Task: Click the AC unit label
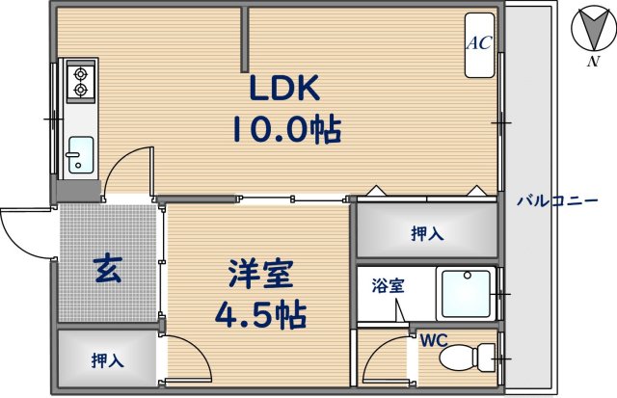(479, 43)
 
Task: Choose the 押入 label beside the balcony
(427, 232)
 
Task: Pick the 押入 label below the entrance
(106, 360)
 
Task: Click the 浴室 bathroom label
(389, 285)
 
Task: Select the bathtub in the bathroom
(466, 294)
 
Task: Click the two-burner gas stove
(79, 81)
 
